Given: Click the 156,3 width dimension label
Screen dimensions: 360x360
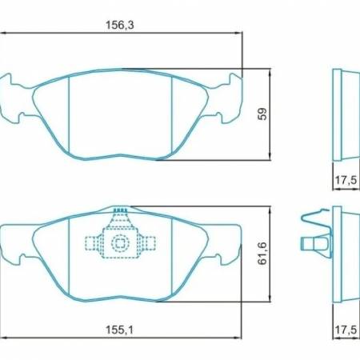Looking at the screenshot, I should pyautogui.click(x=120, y=25).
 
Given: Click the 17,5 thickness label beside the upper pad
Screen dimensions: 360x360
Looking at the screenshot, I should pyautogui.click(x=346, y=180).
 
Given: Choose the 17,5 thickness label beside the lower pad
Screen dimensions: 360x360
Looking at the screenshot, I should pyautogui.click(x=346, y=328).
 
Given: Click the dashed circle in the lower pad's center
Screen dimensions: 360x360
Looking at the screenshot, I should pyautogui.click(x=120, y=243).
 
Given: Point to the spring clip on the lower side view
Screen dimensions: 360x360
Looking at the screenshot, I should pyautogui.click(x=314, y=240).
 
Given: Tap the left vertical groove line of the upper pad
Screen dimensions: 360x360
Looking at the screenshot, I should pyautogui.click(x=70, y=112).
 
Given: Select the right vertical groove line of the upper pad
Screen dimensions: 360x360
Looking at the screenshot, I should pyautogui.click(x=173, y=112).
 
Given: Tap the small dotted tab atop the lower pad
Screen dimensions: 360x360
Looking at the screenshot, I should pyautogui.click(x=120, y=212).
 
